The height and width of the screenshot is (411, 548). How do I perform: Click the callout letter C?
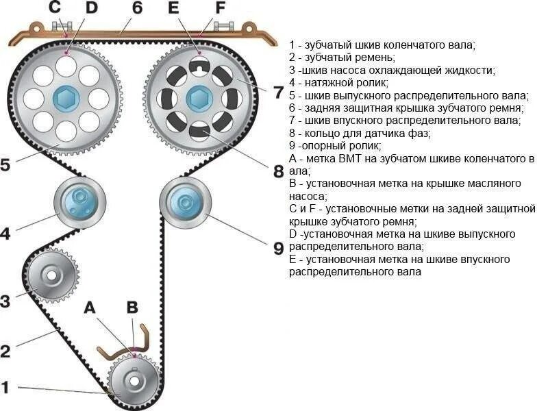(54, 9)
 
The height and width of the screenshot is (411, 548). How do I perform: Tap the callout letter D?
(91, 9)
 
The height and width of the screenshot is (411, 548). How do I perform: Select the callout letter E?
(173, 9)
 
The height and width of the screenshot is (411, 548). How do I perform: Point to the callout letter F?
(219, 9)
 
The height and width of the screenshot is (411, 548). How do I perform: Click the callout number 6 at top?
(137, 9)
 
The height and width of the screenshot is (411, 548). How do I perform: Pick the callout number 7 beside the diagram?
(278, 92)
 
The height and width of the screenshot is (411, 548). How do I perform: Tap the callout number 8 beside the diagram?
(278, 171)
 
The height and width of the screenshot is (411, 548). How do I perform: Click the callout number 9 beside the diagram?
(278, 248)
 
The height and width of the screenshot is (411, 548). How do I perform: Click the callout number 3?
(5, 301)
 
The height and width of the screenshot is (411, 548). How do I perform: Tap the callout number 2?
(5, 351)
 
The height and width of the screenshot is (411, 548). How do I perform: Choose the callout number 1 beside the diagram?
(5, 388)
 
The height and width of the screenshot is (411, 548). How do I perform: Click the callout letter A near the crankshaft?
(90, 308)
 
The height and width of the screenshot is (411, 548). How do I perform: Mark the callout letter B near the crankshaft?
(132, 308)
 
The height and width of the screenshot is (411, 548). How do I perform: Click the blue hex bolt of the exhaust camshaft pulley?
(66, 99)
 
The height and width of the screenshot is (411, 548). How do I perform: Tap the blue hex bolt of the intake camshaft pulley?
(198, 100)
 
